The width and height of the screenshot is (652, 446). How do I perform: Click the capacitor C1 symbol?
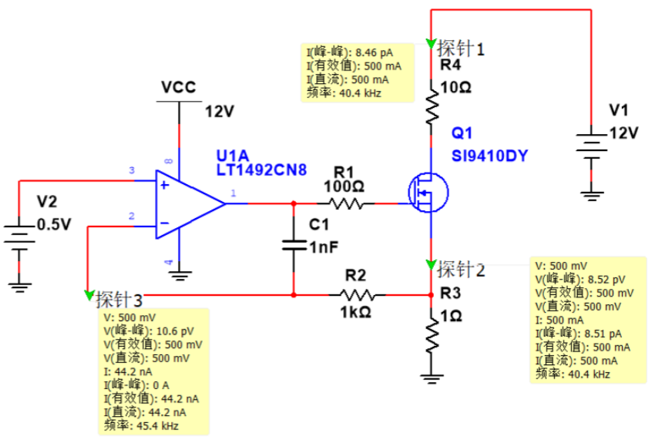(294, 246)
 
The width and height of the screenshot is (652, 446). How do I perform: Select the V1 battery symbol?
(591, 146)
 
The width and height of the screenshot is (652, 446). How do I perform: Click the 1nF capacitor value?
(324, 247)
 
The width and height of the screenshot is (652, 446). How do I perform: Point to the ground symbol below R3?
(432, 378)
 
